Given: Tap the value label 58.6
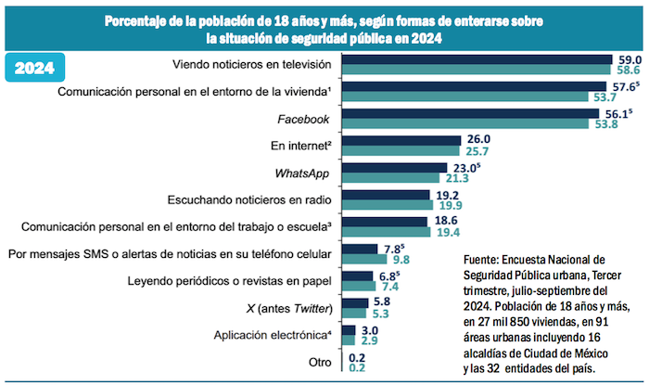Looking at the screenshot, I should [630, 71].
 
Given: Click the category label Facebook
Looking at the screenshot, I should [304, 119].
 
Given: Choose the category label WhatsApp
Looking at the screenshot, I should [304, 173].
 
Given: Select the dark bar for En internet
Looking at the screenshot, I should [401, 140].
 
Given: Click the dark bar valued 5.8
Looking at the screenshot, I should [350, 302].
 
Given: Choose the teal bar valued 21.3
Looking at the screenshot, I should [392, 178].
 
